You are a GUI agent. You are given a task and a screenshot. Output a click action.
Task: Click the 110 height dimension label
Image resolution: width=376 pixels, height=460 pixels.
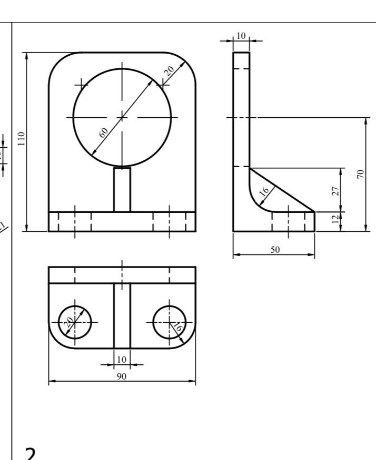click(22, 138)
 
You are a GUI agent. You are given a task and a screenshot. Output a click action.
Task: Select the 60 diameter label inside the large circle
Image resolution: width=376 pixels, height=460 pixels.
click(104, 132)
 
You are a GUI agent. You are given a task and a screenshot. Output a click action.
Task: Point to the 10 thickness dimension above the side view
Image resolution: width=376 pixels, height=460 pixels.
click(241, 36)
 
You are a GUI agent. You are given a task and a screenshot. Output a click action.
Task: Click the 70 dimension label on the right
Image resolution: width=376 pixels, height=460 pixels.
click(360, 175)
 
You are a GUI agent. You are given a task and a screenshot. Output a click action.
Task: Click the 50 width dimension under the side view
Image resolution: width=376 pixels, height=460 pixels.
click(274, 250)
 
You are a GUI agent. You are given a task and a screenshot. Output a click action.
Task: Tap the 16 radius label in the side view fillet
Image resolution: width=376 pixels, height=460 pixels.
click(265, 191)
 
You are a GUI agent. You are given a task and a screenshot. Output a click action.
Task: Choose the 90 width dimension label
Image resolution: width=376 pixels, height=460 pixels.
click(122, 377)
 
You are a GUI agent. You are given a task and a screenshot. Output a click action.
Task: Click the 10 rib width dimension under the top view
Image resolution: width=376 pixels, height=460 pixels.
click(122, 360)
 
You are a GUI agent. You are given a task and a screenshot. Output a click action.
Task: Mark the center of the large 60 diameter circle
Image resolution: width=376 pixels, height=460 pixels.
click(122, 117)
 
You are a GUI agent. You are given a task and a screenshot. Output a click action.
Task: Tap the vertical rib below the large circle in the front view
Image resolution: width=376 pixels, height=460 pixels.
click(122, 189)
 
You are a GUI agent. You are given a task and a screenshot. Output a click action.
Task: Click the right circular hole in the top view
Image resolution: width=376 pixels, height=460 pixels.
click(170, 322)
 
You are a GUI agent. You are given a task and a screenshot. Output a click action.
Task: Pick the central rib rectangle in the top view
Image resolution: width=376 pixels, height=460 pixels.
click(122, 315)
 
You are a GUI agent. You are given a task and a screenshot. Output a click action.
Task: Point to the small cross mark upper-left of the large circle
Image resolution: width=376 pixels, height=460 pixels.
click(82, 84)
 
